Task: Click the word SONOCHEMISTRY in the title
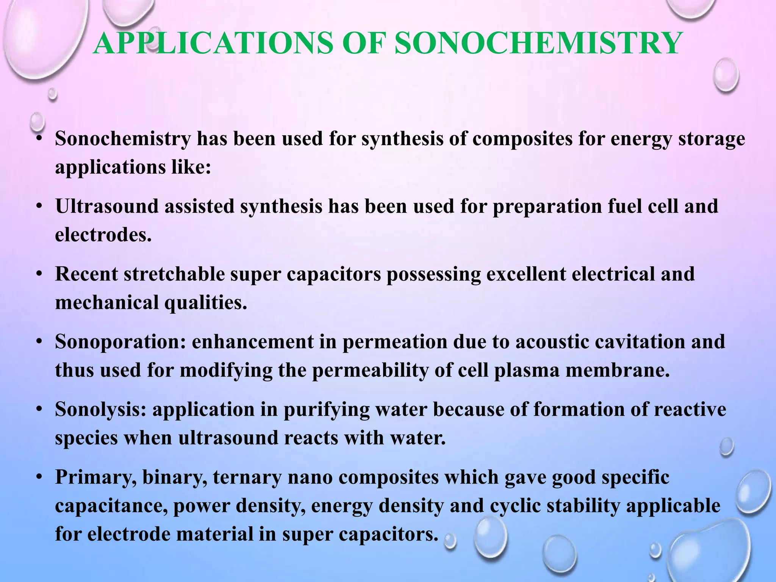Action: [x=538, y=44]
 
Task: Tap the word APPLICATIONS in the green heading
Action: [x=213, y=44]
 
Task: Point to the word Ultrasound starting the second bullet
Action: [x=107, y=207]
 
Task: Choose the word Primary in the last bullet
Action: [x=95, y=477]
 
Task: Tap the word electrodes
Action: [x=103, y=235]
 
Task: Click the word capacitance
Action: [x=111, y=506]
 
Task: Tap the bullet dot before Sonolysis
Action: [x=39, y=409]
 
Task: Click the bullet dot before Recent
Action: [x=39, y=274]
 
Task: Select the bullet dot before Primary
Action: [x=39, y=477]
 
